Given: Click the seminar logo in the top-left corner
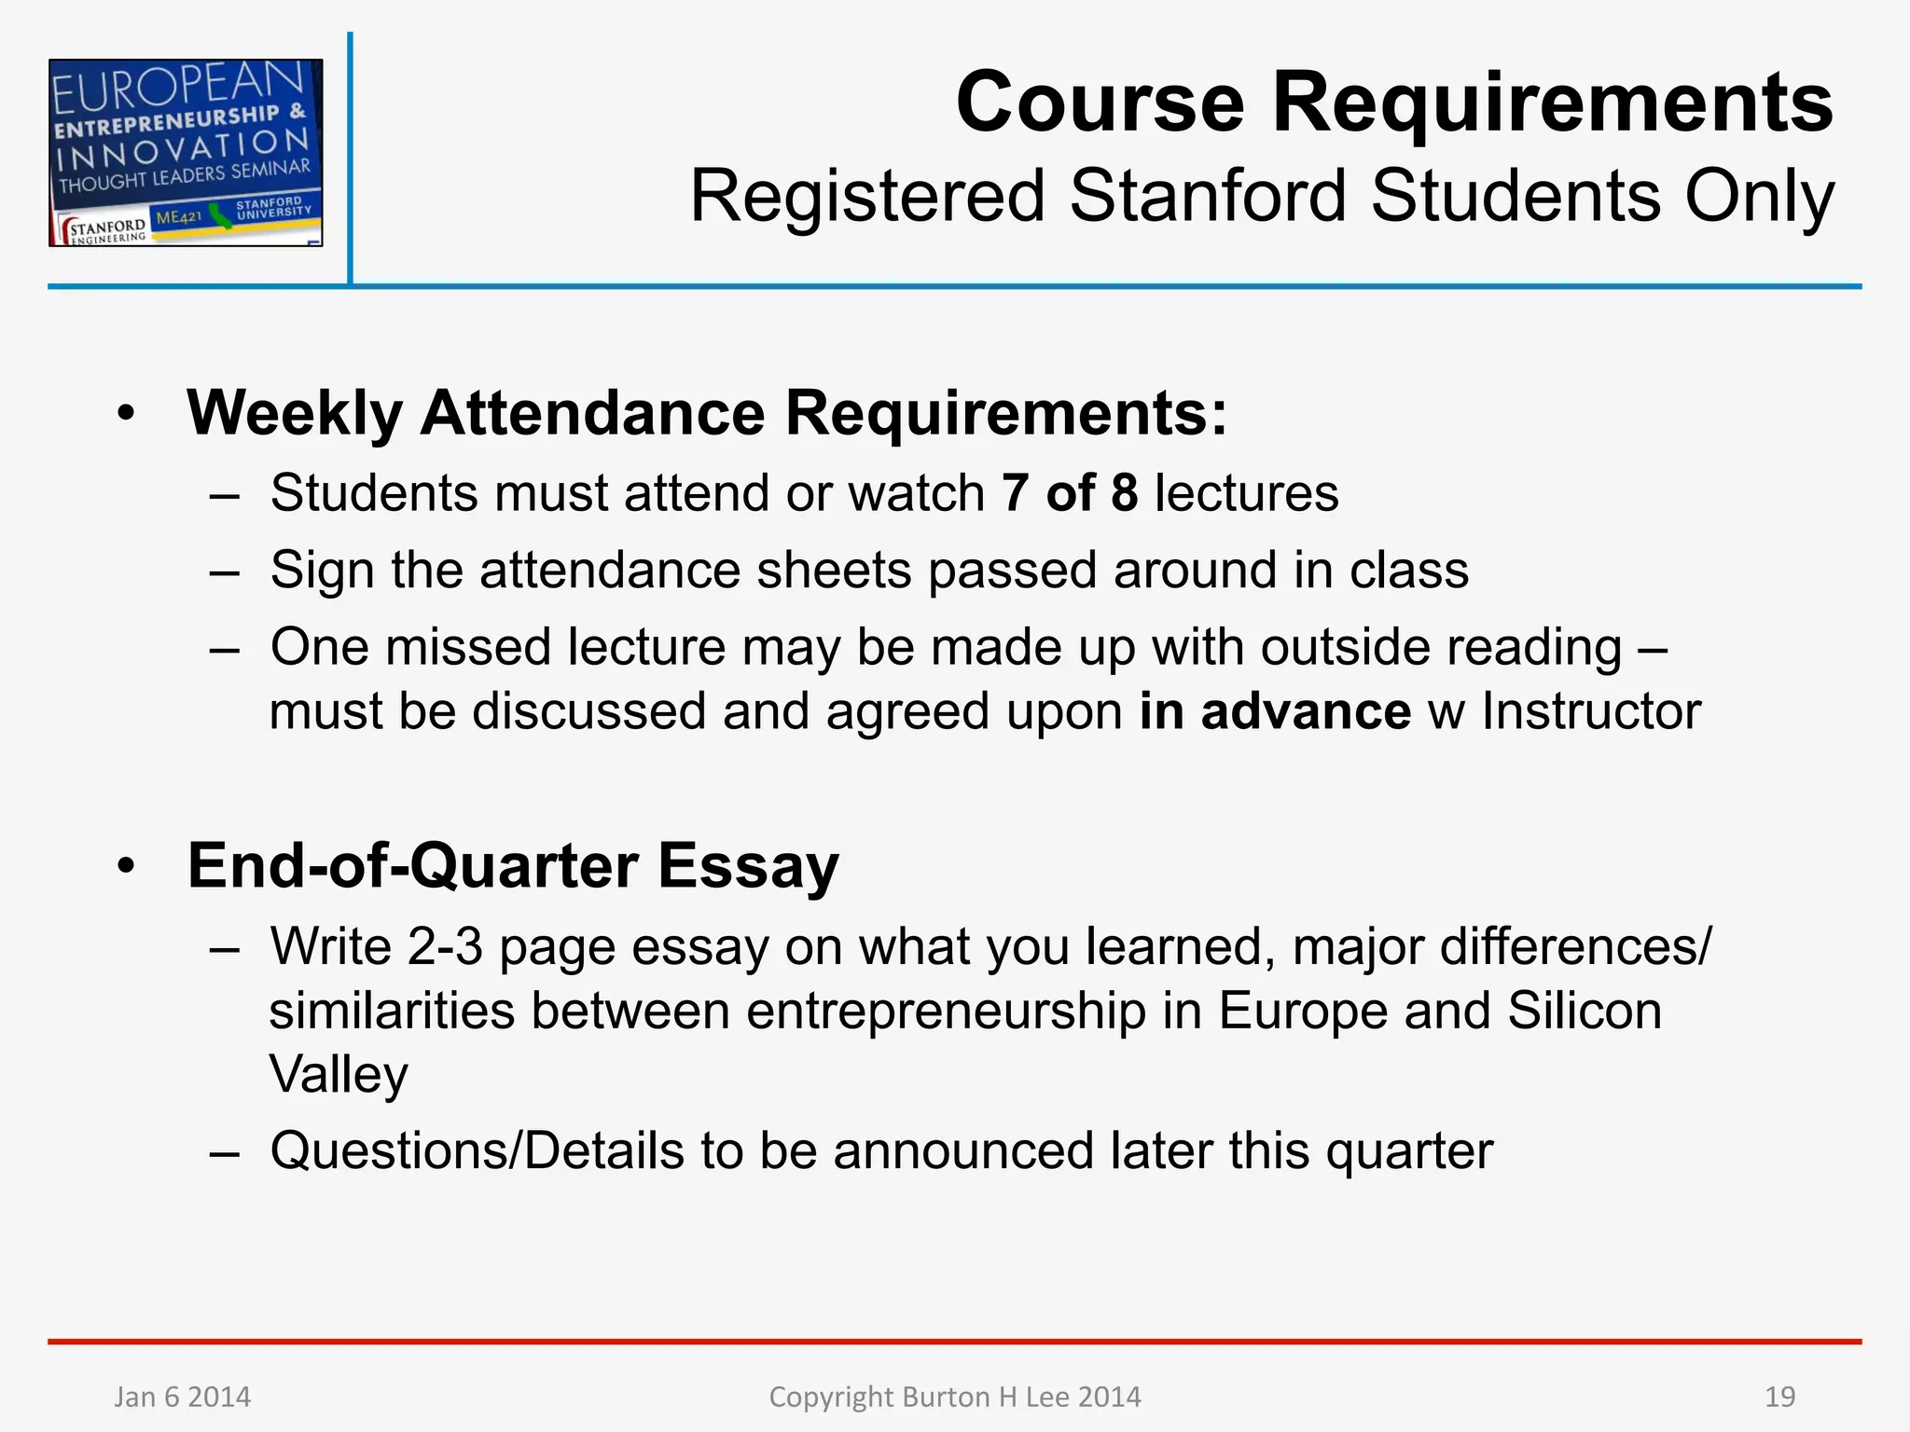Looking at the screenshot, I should (x=186, y=152).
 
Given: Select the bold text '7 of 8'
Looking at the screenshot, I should (x=1070, y=493).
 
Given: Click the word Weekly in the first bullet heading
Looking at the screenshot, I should (x=295, y=413).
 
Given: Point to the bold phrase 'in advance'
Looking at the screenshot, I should (x=1275, y=711).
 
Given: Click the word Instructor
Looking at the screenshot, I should (x=1591, y=711).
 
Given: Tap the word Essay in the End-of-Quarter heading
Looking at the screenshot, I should (x=748, y=866).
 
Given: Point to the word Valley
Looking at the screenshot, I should (x=339, y=1074).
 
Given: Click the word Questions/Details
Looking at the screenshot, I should (x=477, y=1150).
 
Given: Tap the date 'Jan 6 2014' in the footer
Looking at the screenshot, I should (x=183, y=1397).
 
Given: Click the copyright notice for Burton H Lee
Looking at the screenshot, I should (x=954, y=1397).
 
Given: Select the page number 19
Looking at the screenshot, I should (x=1779, y=1397).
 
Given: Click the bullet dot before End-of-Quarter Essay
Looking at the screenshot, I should (x=127, y=867).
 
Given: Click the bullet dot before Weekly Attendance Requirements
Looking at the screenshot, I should (x=127, y=414).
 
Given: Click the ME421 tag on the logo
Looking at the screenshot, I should (x=178, y=218).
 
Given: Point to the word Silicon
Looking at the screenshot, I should (x=1585, y=1011).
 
